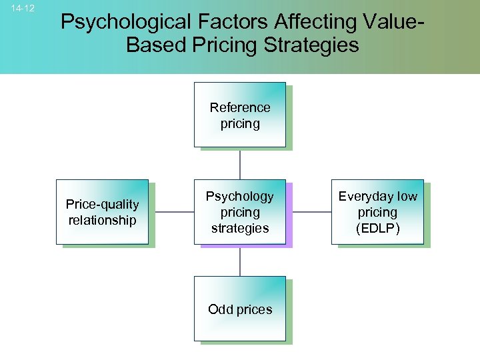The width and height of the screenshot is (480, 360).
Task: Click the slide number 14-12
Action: (23, 8)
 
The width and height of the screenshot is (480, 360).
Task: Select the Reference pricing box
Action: (239, 115)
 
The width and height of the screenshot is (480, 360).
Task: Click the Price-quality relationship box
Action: (102, 212)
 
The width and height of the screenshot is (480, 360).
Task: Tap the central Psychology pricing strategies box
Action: (239, 212)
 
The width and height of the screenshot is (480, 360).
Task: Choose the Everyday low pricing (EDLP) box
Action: (377, 212)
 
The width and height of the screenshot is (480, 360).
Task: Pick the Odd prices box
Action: (239, 309)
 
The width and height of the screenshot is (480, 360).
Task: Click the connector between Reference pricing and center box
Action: (240, 163)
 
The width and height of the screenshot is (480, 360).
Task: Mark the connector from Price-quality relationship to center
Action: (171, 212)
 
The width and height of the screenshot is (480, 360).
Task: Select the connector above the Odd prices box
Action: (240, 261)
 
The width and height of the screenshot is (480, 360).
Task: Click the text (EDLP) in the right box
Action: (377, 228)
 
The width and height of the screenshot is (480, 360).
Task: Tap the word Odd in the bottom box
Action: (219, 309)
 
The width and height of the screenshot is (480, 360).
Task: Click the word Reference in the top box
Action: (240, 107)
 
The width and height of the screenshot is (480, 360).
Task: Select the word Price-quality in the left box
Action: (102, 204)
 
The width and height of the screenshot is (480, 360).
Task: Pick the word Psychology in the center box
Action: (240, 197)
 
